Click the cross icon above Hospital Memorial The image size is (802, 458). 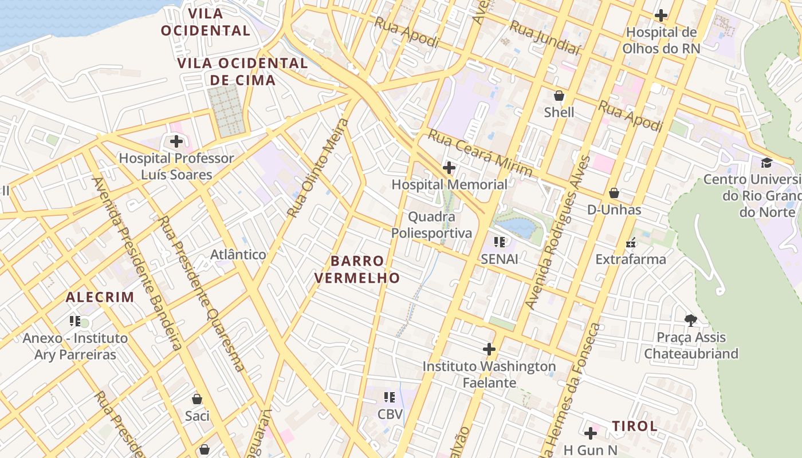[x=449, y=168]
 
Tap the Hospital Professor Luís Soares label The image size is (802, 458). [x=176, y=166]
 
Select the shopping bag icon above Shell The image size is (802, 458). [x=559, y=96]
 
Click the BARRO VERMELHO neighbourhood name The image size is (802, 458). [x=365, y=270]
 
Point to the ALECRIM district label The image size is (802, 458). [x=100, y=297]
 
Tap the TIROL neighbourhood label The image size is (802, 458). [x=635, y=426]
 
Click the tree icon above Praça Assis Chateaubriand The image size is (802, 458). [x=691, y=320]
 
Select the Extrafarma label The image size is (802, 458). [x=631, y=259]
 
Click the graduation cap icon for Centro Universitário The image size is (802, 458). [x=766, y=163]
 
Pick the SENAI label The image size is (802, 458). [x=500, y=259]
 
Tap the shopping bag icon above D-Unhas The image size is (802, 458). [x=614, y=194]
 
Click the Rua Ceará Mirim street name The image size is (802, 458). [x=480, y=153]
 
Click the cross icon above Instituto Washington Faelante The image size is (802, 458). [x=489, y=349]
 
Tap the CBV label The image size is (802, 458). [x=390, y=414]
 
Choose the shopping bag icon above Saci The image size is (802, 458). [x=197, y=399]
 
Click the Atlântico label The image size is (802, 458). [x=238, y=255]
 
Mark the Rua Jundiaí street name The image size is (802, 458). [x=545, y=38]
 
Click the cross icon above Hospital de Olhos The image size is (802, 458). [x=661, y=15]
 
